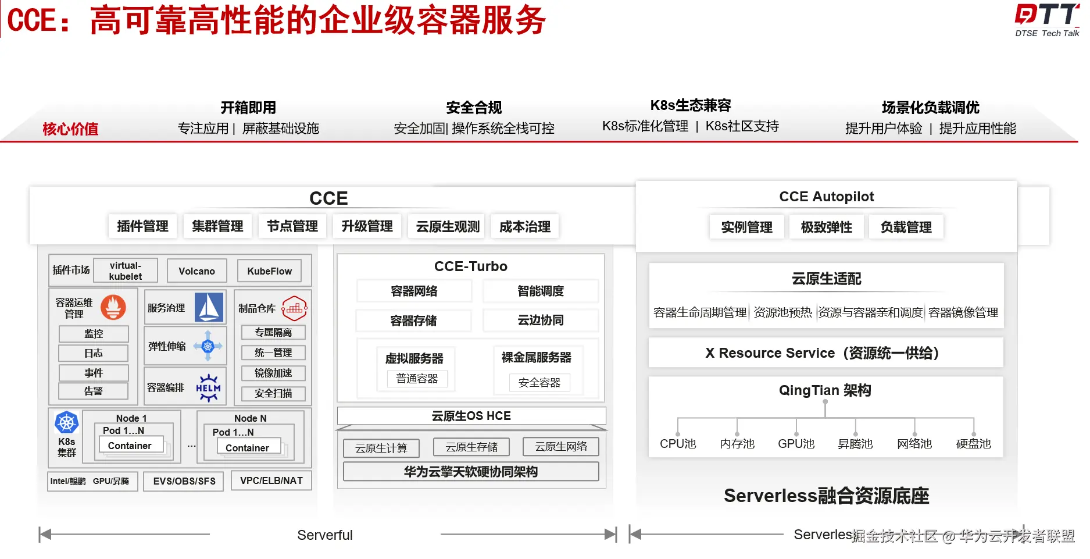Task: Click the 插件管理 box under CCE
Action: (142, 226)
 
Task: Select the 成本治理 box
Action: (524, 227)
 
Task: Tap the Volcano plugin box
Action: (196, 271)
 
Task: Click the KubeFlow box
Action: (269, 271)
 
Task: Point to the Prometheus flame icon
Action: (113, 307)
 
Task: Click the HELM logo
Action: (208, 387)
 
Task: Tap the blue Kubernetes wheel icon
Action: (66, 422)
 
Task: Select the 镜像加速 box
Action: (273, 373)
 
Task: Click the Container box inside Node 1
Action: (130, 446)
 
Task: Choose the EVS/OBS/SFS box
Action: (184, 481)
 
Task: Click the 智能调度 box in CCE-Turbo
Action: (541, 291)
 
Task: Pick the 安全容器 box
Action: (539, 383)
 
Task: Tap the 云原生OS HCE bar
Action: (471, 416)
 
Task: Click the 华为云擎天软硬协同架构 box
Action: (471, 472)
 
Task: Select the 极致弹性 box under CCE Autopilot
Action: (826, 227)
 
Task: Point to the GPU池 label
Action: (796, 444)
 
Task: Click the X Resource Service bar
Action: (825, 353)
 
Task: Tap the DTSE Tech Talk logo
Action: (1046, 20)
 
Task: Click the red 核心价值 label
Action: (70, 129)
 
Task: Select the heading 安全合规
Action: (474, 108)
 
